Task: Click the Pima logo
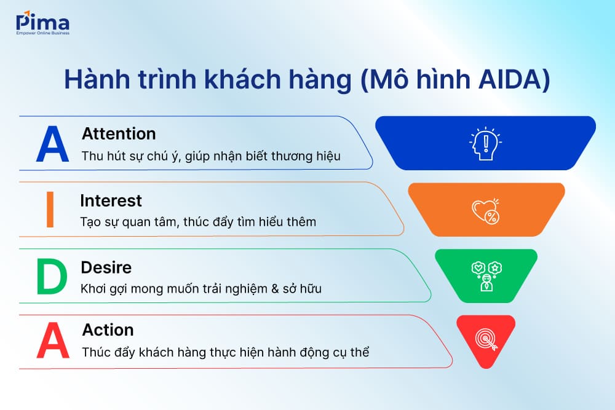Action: click(42, 23)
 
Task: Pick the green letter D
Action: click(51, 278)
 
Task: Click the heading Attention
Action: click(119, 133)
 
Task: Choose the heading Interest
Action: click(111, 200)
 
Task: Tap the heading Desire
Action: click(106, 268)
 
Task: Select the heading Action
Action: click(108, 330)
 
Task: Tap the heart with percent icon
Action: click(485, 211)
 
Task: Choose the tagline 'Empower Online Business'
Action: click(42, 33)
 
